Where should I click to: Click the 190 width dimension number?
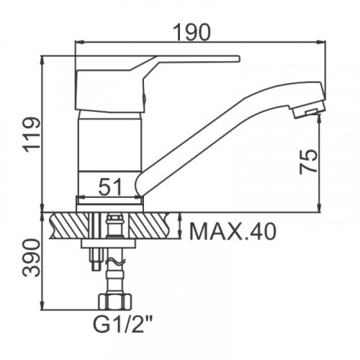pyautogui.click(x=192, y=32)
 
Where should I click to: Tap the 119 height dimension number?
pyautogui.click(x=32, y=135)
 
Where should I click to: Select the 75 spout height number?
pyautogui.click(x=308, y=161)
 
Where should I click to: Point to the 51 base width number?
pyautogui.click(x=110, y=186)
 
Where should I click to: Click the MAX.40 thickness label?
pyautogui.click(x=233, y=231)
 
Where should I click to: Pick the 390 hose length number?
pyautogui.click(x=31, y=258)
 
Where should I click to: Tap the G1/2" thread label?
pyautogui.click(x=123, y=324)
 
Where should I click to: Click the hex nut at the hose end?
pyautogui.click(x=115, y=301)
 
